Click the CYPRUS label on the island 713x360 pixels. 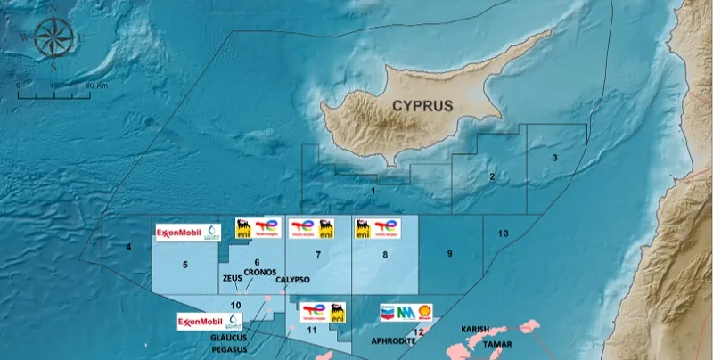tap(422, 105)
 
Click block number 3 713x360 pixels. tap(554, 158)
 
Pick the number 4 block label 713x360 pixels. tap(128, 246)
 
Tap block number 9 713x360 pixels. tap(450, 254)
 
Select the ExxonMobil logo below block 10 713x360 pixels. tap(199, 322)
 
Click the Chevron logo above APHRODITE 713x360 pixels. tap(387, 312)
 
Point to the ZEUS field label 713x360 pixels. tap(232, 278)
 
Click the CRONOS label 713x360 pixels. tap(259, 271)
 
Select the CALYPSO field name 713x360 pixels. tap(292, 280)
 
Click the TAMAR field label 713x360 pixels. tap(497, 342)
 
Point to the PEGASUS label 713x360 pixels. tap(230, 350)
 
